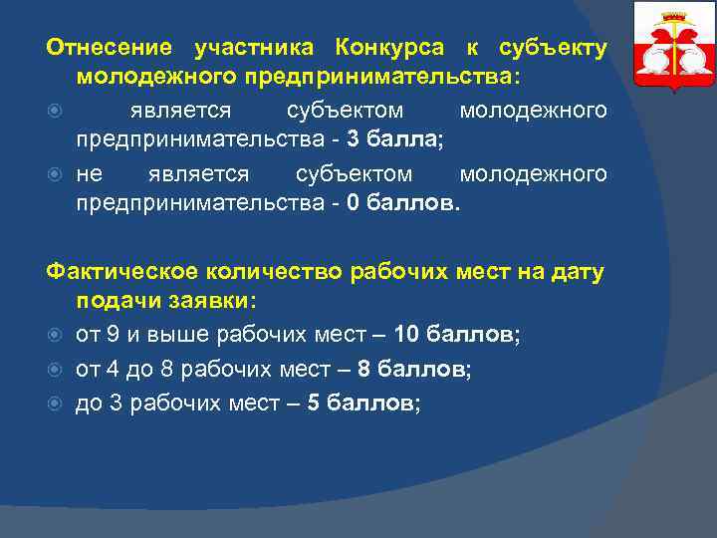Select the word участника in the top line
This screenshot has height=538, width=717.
[x=254, y=48]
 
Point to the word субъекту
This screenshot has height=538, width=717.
[x=552, y=48]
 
